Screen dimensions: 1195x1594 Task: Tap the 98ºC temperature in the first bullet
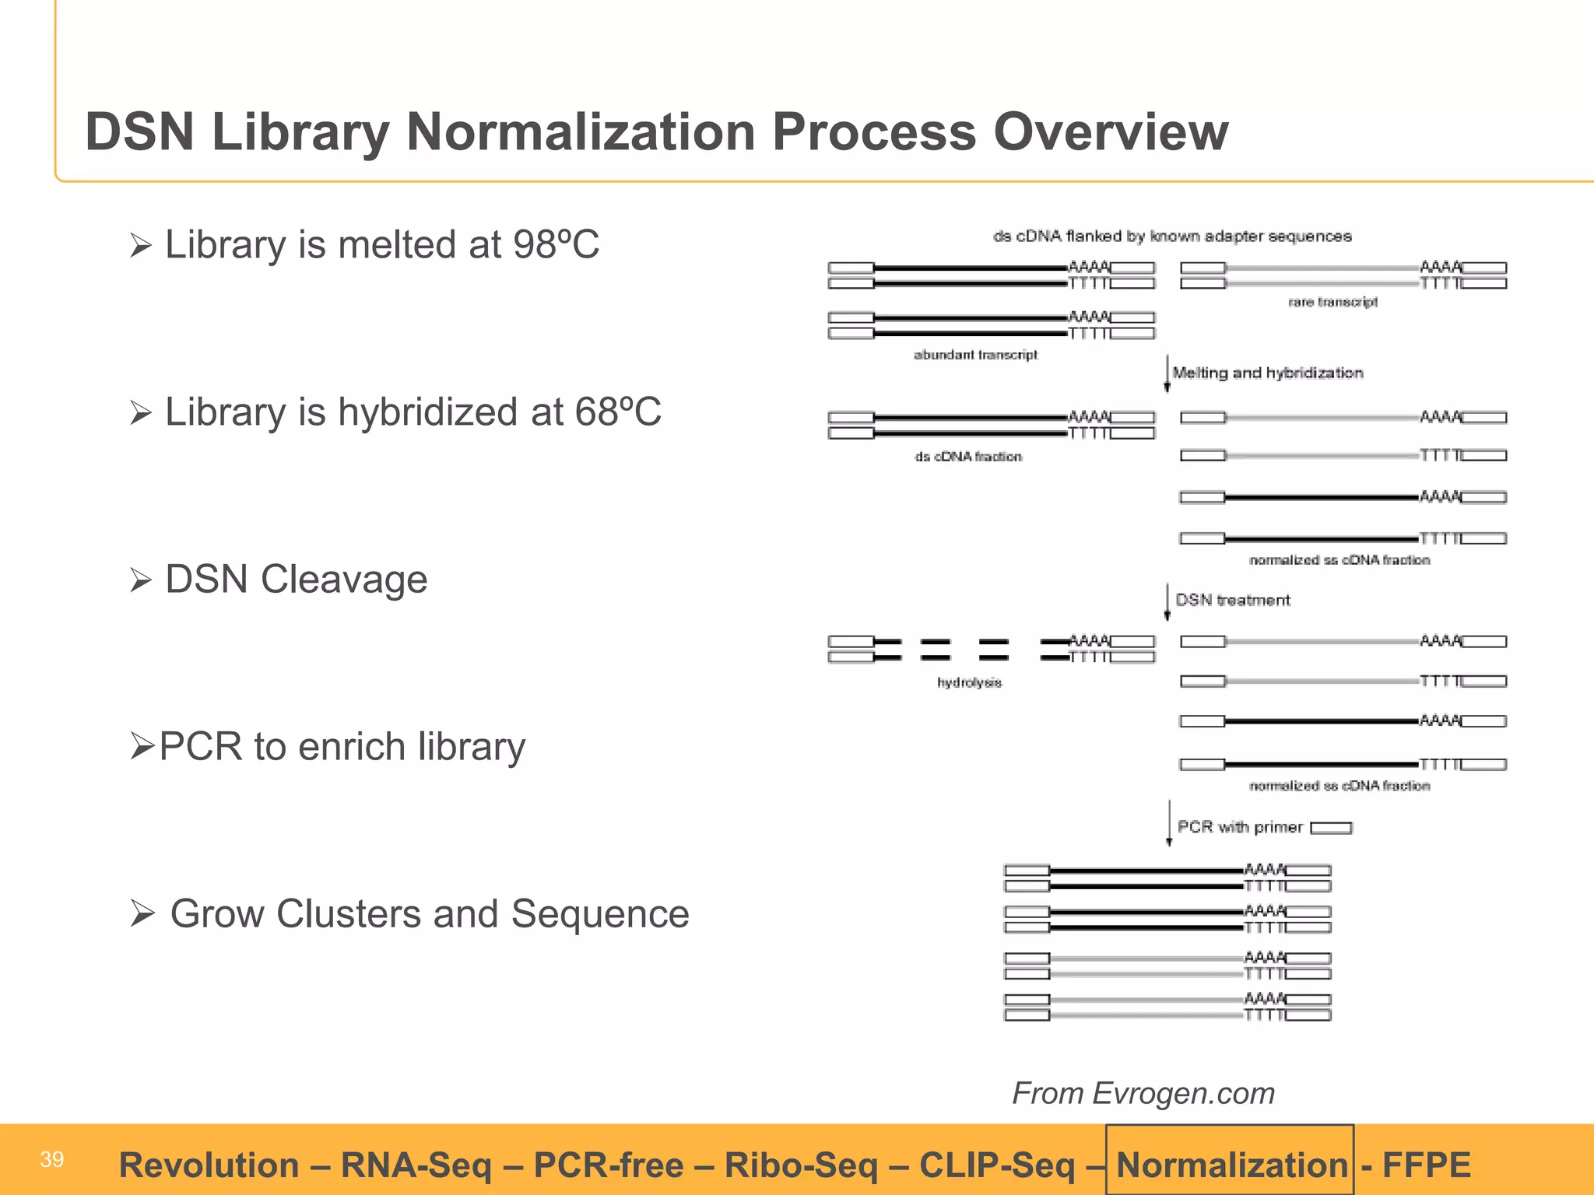click(x=556, y=244)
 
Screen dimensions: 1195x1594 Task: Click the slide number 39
click(x=51, y=1160)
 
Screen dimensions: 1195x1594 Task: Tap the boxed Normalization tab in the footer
click(x=1231, y=1165)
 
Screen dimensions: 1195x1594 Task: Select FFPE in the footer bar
click(x=1426, y=1165)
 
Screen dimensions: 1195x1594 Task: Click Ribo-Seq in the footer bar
click(x=800, y=1165)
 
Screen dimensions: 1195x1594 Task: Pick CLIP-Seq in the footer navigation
click(x=997, y=1165)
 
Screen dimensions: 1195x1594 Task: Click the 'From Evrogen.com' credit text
click(x=1143, y=1093)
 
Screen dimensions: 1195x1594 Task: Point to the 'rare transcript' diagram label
click(x=1332, y=302)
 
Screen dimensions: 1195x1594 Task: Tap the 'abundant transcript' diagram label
click(x=975, y=355)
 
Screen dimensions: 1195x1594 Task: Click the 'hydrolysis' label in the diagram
click(x=969, y=682)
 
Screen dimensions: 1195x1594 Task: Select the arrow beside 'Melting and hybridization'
click(x=1167, y=373)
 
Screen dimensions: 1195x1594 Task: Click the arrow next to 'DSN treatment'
click(x=1167, y=601)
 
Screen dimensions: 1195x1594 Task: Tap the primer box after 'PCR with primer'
click(x=1331, y=828)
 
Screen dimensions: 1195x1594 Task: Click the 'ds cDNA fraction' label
click(x=968, y=457)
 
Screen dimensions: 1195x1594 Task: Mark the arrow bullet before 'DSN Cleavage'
click(x=141, y=580)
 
